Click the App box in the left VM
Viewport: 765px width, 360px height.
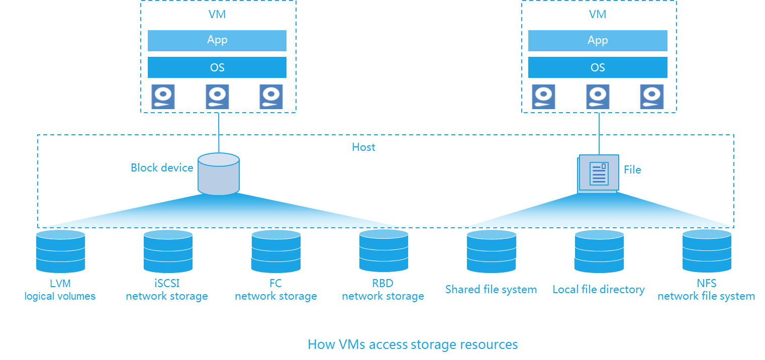coord(217,40)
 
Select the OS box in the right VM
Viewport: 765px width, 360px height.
coord(598,68)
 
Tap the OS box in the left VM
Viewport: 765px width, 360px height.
coord(217,68)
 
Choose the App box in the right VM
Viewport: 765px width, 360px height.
coord(598,40)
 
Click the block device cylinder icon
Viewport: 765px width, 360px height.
coord(219,174)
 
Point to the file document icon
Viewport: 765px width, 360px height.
coord(598,173)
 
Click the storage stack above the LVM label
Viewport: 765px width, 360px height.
coord(60,251)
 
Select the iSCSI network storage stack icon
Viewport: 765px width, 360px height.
coord(168,251)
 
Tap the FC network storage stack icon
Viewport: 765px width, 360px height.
coord(276,251)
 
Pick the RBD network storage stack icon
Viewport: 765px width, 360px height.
coord(384,251)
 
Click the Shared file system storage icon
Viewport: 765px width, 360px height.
coord(491,251)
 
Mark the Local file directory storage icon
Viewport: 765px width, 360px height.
coord(599,251)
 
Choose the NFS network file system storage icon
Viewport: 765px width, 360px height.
coord(707,251)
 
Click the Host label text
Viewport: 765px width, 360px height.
coord(364,147)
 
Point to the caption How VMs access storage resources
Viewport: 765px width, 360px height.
coord(413,344)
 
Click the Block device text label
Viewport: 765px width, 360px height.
coord(162,168)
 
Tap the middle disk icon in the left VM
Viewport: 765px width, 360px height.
coord(217,97)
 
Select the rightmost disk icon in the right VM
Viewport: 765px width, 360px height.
coord(652,97)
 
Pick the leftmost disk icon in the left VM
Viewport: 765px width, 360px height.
coord(163,97)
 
